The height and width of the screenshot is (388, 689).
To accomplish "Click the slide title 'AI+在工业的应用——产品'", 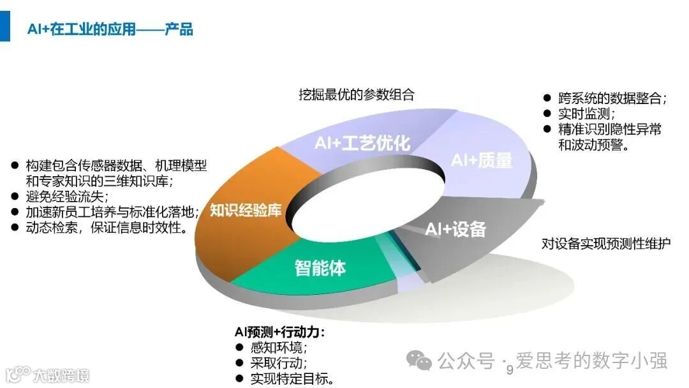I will [x=110, y=29].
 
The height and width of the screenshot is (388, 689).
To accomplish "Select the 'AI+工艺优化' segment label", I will [x=362, y=143].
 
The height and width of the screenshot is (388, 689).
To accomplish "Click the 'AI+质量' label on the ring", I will [x=482, y=160].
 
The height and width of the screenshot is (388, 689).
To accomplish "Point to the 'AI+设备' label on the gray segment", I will [x=456, y=229].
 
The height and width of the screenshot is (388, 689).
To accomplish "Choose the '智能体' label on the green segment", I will [x=320, y=267].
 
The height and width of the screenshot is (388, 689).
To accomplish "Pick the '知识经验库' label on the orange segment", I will [x=246, y=211].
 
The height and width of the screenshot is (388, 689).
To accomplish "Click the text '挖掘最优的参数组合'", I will [x=357, y=94].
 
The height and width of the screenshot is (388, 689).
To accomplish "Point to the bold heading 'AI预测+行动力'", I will [x=279, y=332].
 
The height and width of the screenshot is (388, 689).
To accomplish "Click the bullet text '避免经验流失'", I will [x=68, y=196].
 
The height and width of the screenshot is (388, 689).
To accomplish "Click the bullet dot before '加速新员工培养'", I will [x=15, y=212].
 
